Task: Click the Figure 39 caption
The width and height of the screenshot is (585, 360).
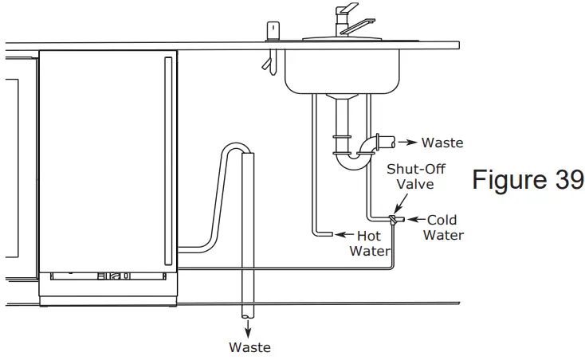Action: (528, 180)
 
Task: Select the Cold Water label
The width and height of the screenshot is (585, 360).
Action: (443, 227)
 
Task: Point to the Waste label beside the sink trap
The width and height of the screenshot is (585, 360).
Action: (442, 143)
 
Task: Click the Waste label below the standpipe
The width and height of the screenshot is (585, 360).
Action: (249, 347)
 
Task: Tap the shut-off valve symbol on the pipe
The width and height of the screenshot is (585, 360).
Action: (393, 219)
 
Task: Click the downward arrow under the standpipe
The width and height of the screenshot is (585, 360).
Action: (249, 328)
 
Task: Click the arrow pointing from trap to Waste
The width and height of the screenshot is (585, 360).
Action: (407, 143)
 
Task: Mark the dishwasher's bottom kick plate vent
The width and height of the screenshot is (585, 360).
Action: (108, 276)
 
